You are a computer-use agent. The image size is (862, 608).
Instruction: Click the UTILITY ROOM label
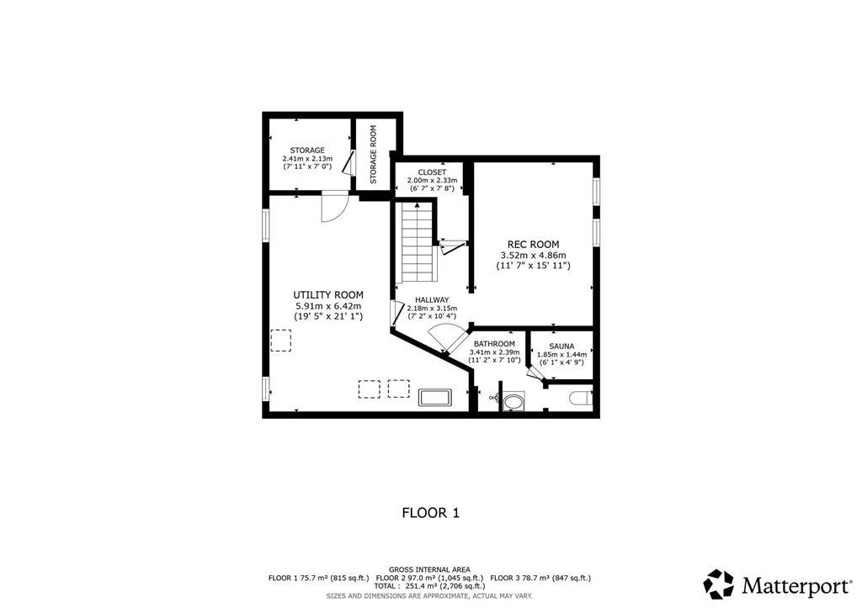pos(328,295)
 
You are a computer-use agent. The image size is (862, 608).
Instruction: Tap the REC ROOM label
pos(533,245)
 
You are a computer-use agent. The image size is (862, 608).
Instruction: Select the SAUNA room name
pos(561,346)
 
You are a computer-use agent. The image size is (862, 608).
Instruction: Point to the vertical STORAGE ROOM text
pos(373,155)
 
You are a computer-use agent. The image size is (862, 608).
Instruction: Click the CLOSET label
pos(432,172)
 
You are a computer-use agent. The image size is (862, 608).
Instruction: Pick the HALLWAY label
pos(432,300)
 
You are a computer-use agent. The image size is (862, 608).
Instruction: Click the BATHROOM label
pos(495,344)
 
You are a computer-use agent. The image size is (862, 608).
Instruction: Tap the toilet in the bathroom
pos(582,397)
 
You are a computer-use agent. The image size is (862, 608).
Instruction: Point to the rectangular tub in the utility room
pos(435,397)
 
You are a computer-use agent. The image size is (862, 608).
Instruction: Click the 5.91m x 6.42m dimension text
pos(328,306)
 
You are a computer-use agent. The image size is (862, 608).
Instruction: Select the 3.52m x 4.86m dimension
pos(533,256)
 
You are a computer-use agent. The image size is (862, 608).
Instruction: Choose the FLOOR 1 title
pos(431,513)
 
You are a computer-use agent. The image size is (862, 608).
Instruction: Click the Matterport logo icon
pos(719,584)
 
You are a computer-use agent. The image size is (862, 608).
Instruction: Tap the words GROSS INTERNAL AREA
pos(430,569)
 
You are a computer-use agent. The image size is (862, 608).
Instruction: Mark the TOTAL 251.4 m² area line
pos(429,586)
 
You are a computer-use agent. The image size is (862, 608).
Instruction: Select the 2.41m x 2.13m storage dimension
pos(308,158)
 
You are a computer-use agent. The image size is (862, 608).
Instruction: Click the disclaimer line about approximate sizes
pos(429,595)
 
